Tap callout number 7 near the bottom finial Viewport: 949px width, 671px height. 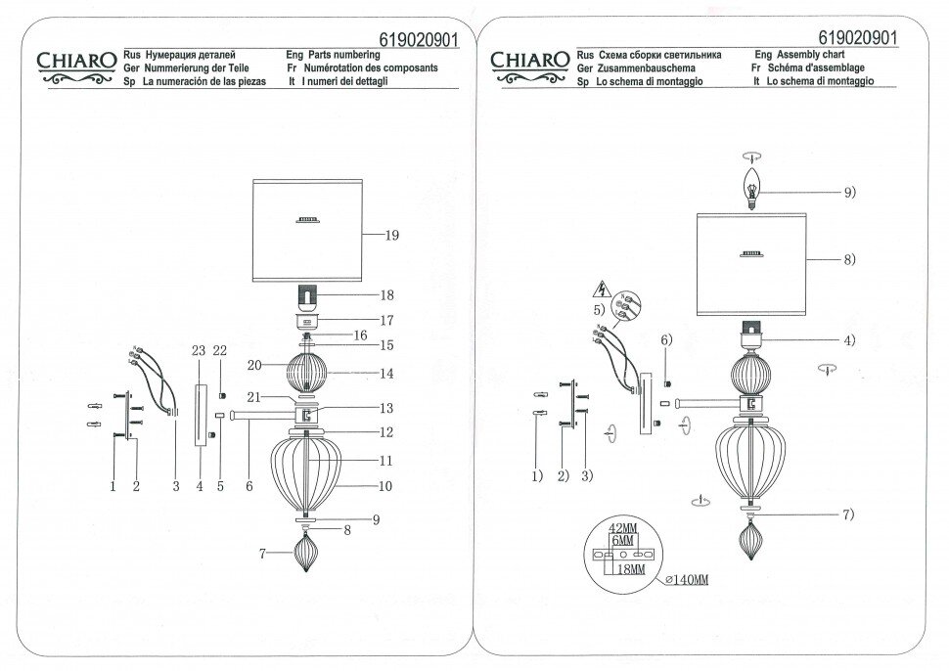tap(263, 555)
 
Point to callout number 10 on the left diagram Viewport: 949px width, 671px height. tap(387, 486)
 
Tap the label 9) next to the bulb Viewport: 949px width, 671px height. tap(848, 193)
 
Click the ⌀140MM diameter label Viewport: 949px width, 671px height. tap(685, 581)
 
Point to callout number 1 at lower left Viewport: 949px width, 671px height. tap(113, 484)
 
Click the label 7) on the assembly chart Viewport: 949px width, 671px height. tap(848, 514)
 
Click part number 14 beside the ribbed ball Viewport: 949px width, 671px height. tap(387, 373)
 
